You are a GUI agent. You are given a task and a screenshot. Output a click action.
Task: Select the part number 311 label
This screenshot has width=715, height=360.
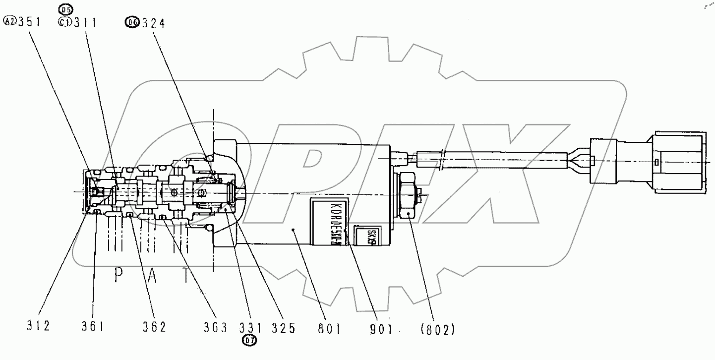tap(84, 22)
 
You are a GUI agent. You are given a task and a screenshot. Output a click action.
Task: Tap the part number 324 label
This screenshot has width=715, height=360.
tap(152, 22)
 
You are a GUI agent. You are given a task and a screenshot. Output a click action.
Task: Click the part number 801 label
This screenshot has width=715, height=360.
tap(327, 328)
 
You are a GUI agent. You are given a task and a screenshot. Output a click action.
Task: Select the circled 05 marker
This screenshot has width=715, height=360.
tap(65, 9)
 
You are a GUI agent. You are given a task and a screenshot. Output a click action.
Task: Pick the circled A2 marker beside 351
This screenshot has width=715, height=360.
tap(9, 22)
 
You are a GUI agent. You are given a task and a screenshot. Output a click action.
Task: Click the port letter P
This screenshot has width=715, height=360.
tap(118, 276)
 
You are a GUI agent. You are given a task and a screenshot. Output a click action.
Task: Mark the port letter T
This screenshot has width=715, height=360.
tap(186, 276)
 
